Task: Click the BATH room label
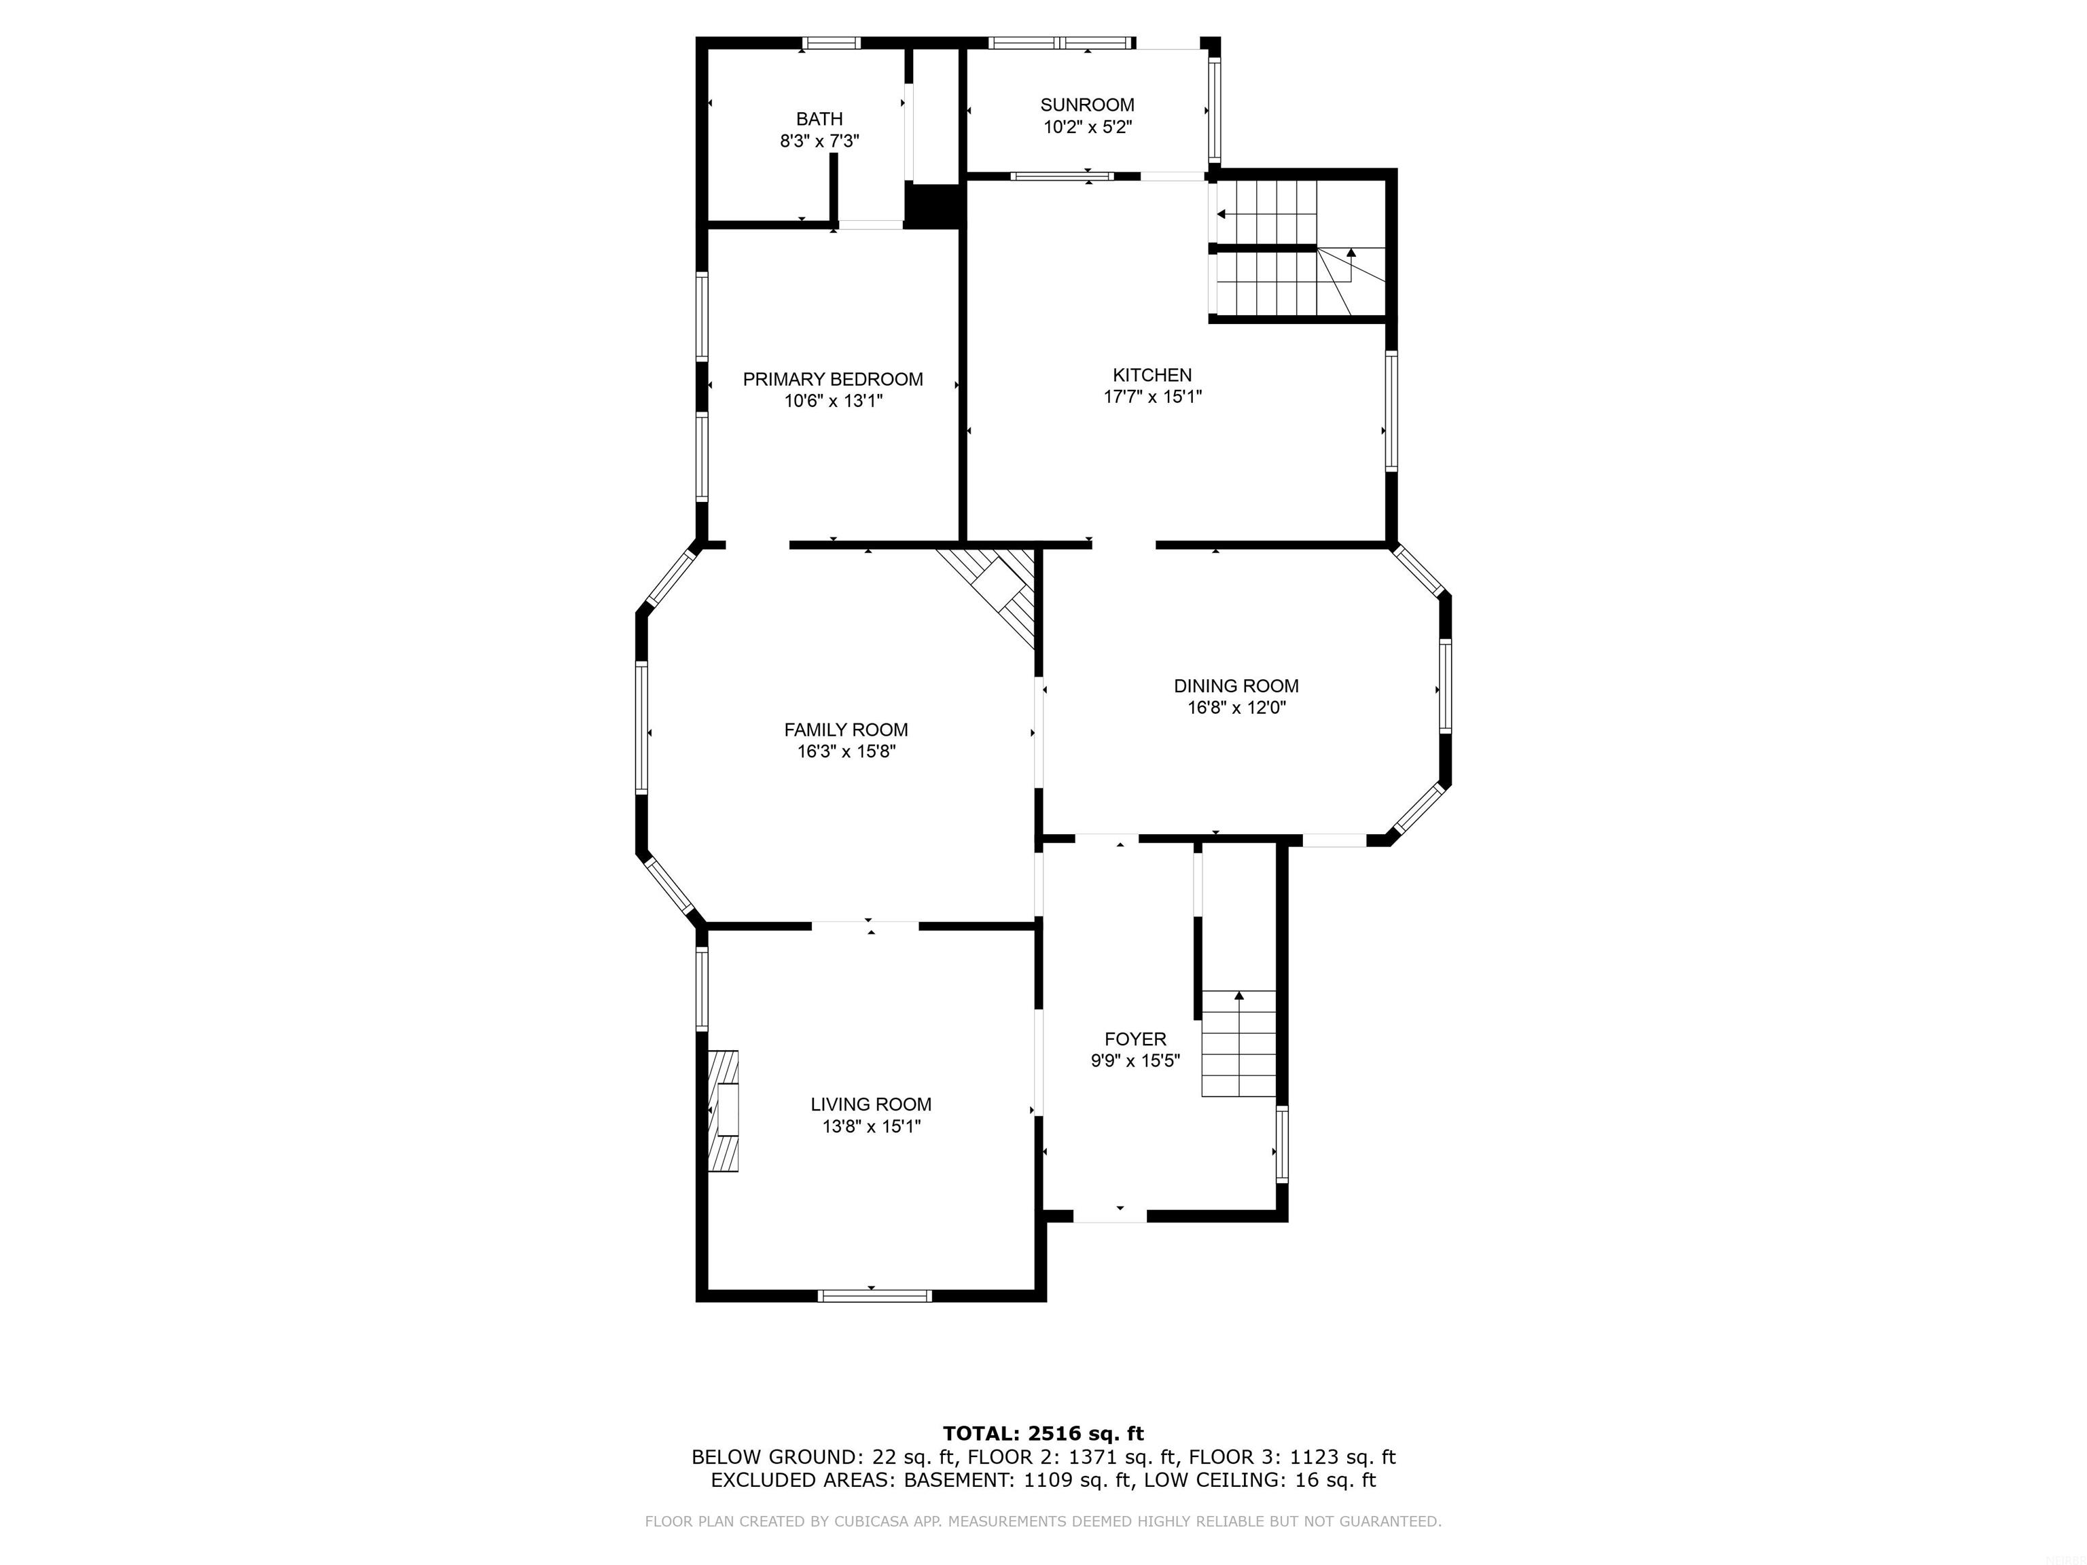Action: (x=819, y=119)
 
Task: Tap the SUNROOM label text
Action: (x=1087, y=105)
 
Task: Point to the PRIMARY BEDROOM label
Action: (x=832, y=379)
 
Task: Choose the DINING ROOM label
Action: (x=1236, y=686)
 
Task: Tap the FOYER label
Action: (x=1135, y=1039)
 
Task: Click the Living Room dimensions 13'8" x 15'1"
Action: (x=871, y=1126)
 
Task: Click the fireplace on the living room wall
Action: (x=723, y=1111)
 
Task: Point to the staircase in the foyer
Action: (x=1238, y=1043)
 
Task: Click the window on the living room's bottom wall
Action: (x=874, y=1295)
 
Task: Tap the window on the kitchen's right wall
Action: (x=1391, y=410)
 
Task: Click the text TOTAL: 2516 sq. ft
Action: (x=1043, y=1434)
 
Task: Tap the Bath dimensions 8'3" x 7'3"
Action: (x=819, y=141)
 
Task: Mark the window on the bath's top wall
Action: (x=832, y=42)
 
